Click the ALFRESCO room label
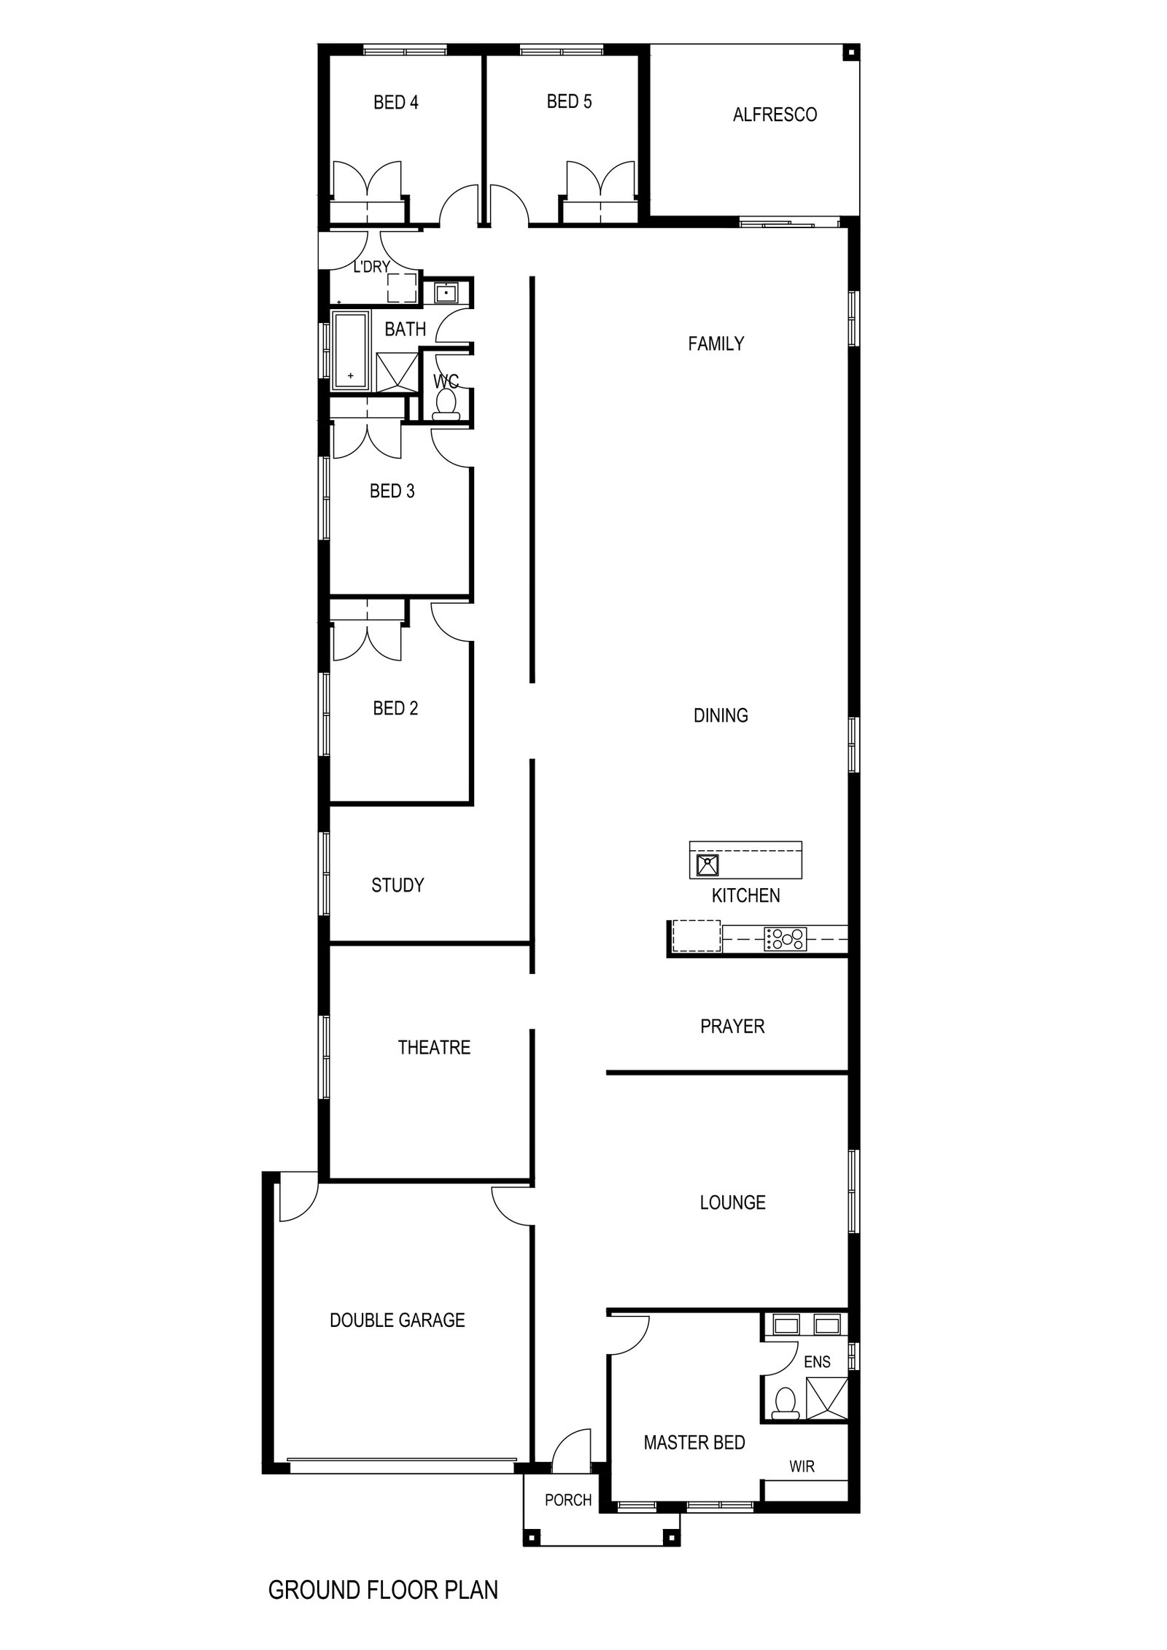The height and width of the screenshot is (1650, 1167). tap(775, 114)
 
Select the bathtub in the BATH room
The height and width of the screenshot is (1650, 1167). tap(351, 350)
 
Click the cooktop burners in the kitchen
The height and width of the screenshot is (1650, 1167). tap(786, 938)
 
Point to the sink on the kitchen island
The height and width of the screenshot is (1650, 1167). tap(707, 865)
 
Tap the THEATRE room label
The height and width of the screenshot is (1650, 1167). tap(434, 1047)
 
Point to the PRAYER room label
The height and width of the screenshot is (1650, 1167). tap(732, 1026)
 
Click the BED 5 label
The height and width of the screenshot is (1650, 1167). tap(569, 101)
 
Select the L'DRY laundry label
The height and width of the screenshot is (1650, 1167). tap(371, 267)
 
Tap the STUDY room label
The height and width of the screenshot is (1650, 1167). tap(398, 885)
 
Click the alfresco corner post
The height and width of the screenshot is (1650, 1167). tap(850, 52)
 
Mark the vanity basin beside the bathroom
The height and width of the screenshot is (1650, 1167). tap(446, 293)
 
